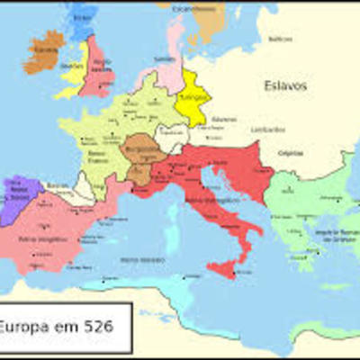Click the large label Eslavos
(285, 86)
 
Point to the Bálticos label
(281, 39)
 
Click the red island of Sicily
(221, 267)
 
